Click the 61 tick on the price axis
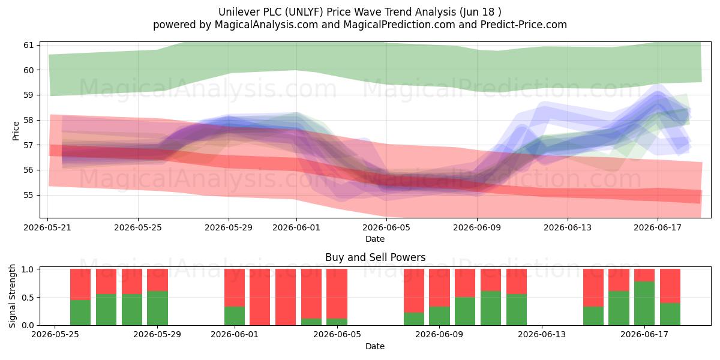pyautogui.click(x=29, y=45)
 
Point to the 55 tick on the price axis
pyautogui.click(x=29, y=195)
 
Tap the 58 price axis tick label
pyautogui.click(x=29, y=120)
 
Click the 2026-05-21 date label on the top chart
pyautogui.click(x=47, y=227)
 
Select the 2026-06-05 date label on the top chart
pyautogui.click(x=386, y=227)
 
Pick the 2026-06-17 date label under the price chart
pyautogui.click(x=658, y=227)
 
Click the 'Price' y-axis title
pyautogui.click(x=16, y=131)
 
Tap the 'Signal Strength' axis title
pyautogui.click(x=12, y=296)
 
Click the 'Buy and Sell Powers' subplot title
pyautogui.click(x=375, y=257)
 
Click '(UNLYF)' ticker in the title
pyautogui.click(x=304, y=12)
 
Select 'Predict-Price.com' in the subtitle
pyautogui.click(x=524, y=25)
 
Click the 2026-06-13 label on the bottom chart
pyautogui.click(x=542, y=334)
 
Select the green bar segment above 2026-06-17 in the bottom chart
pyautogui.click(x=644, y=303)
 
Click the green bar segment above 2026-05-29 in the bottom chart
pyautogui.click(x=157, y=308)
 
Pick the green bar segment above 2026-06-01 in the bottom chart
pyautogui.click(x=235, y=316)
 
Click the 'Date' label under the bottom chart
pyautogui.click(x=375, y=346)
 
